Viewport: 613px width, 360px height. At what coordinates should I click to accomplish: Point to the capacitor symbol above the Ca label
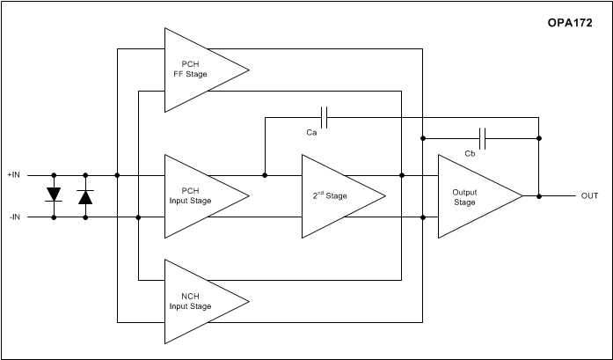click(325, 116)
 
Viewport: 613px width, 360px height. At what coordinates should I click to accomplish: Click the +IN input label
click(14, 174)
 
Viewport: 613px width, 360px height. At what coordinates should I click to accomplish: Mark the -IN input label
click(14, 216)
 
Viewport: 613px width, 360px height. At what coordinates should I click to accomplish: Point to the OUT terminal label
click(589, 195)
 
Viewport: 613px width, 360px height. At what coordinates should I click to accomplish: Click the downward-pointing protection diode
click(54, 195)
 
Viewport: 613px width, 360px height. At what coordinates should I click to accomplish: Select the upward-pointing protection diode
click(85, 195)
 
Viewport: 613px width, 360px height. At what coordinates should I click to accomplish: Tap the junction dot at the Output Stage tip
click(539, 195)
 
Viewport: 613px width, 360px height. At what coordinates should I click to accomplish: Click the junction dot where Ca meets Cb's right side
click(539, 137)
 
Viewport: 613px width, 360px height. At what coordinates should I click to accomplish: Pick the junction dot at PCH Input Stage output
click(266, 174)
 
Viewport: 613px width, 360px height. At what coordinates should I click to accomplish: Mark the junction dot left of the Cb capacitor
click(423, 137)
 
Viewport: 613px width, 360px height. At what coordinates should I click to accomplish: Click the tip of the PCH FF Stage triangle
click(248, 70)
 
